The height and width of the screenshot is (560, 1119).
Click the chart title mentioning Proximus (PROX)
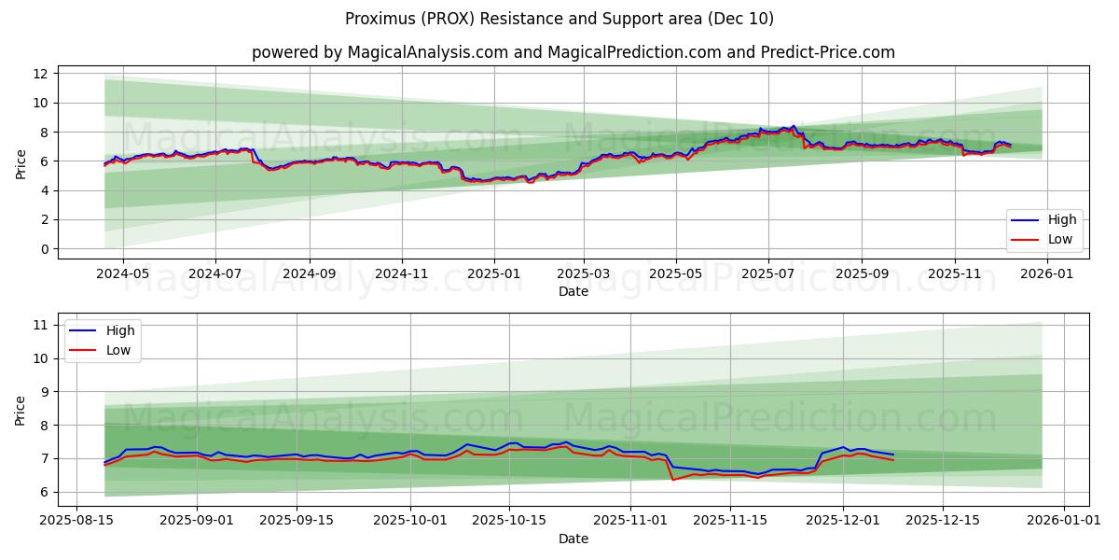click(x=559, y=19)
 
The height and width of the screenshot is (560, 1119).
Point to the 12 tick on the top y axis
click(x=40, y=74)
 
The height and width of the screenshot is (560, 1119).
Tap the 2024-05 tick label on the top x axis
click(x=122, y=274)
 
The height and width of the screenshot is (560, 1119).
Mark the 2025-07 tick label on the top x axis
click(x=767, y=274)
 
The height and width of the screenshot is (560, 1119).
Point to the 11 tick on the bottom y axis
click(x=40, y=325)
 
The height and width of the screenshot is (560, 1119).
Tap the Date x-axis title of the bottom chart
click(x=573, y=539)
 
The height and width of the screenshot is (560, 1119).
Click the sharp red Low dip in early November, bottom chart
click(x=672, y=480)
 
